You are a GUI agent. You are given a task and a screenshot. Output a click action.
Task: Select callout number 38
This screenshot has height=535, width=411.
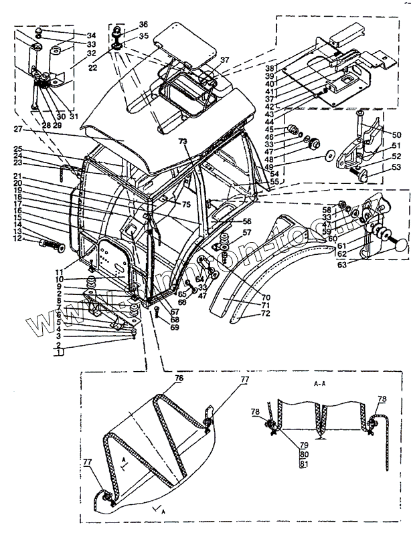pos(269,69)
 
